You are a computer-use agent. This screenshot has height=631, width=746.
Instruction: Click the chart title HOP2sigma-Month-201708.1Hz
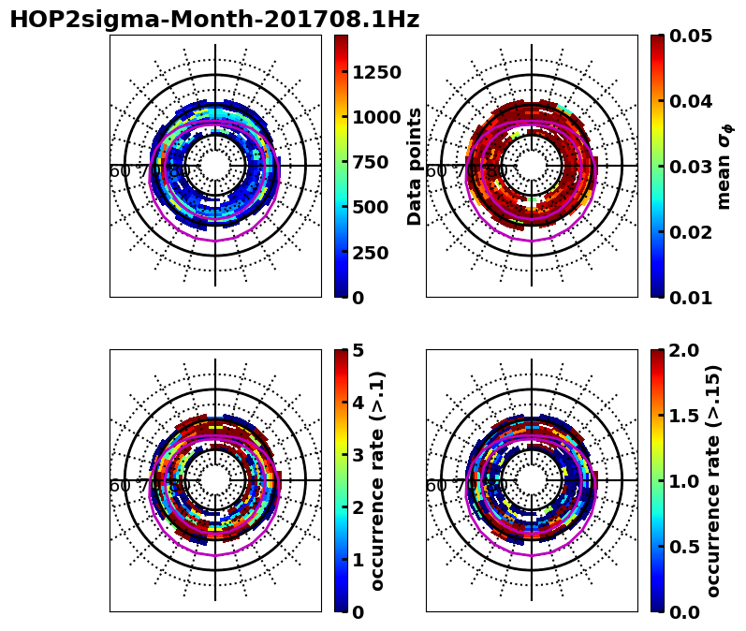click(214, 20)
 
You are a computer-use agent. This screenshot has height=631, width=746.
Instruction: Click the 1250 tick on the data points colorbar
click(376, 72)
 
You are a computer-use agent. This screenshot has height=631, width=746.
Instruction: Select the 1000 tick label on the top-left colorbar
click(376, 117)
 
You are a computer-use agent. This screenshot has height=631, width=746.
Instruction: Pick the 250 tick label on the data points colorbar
click(371, 253)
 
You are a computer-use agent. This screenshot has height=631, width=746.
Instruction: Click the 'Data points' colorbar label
click(415, 166)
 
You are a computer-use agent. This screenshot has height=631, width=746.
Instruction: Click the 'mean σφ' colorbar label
click(724, 166)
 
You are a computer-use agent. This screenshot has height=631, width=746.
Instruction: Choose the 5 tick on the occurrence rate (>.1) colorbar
click(358, 350)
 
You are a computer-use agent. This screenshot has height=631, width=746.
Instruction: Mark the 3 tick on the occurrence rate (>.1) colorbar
click(358, 455)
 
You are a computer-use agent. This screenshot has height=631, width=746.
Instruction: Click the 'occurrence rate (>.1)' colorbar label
click(378, 480)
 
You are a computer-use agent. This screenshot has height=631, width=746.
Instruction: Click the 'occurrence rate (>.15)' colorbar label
click(713, 480)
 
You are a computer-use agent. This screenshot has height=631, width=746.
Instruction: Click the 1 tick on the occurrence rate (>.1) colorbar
click(358, 560)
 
